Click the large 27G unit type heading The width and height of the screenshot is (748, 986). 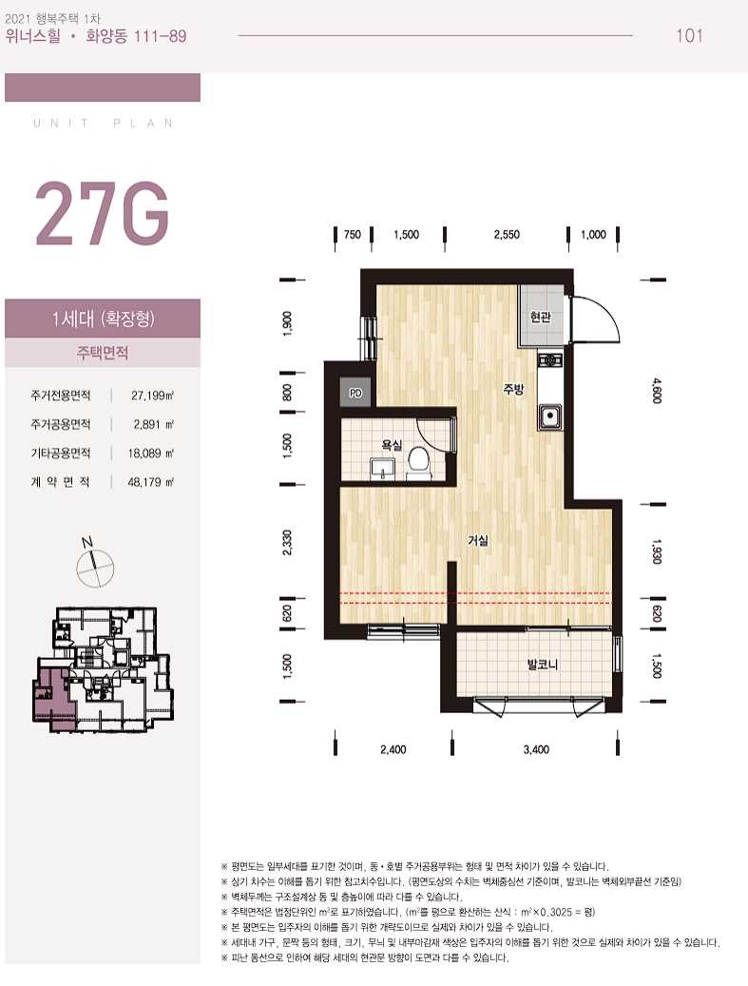click(102, 214)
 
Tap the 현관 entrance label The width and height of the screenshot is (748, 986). click(540, 317)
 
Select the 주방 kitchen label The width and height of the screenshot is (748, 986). click(513, 389)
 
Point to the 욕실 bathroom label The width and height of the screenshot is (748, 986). click(391, 445)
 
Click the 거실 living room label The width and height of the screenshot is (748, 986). click(478, 540)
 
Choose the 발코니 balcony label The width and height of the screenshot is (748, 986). click(543, 664)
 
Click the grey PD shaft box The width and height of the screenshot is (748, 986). click(355, 393)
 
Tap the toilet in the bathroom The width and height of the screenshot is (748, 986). click(417, 461)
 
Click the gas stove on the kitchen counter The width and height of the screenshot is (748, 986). click(550, 361)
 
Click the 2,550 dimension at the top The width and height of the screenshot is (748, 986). click(507, 235)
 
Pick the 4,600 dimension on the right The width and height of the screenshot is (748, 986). click(657, 391)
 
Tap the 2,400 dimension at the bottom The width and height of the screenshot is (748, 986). click(393, 749)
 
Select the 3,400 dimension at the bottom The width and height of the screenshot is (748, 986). click(536, 749)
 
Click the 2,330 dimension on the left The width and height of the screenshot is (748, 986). click(287, 543)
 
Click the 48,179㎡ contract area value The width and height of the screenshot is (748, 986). click(151, 482)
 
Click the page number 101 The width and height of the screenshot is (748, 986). click(689, 35)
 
